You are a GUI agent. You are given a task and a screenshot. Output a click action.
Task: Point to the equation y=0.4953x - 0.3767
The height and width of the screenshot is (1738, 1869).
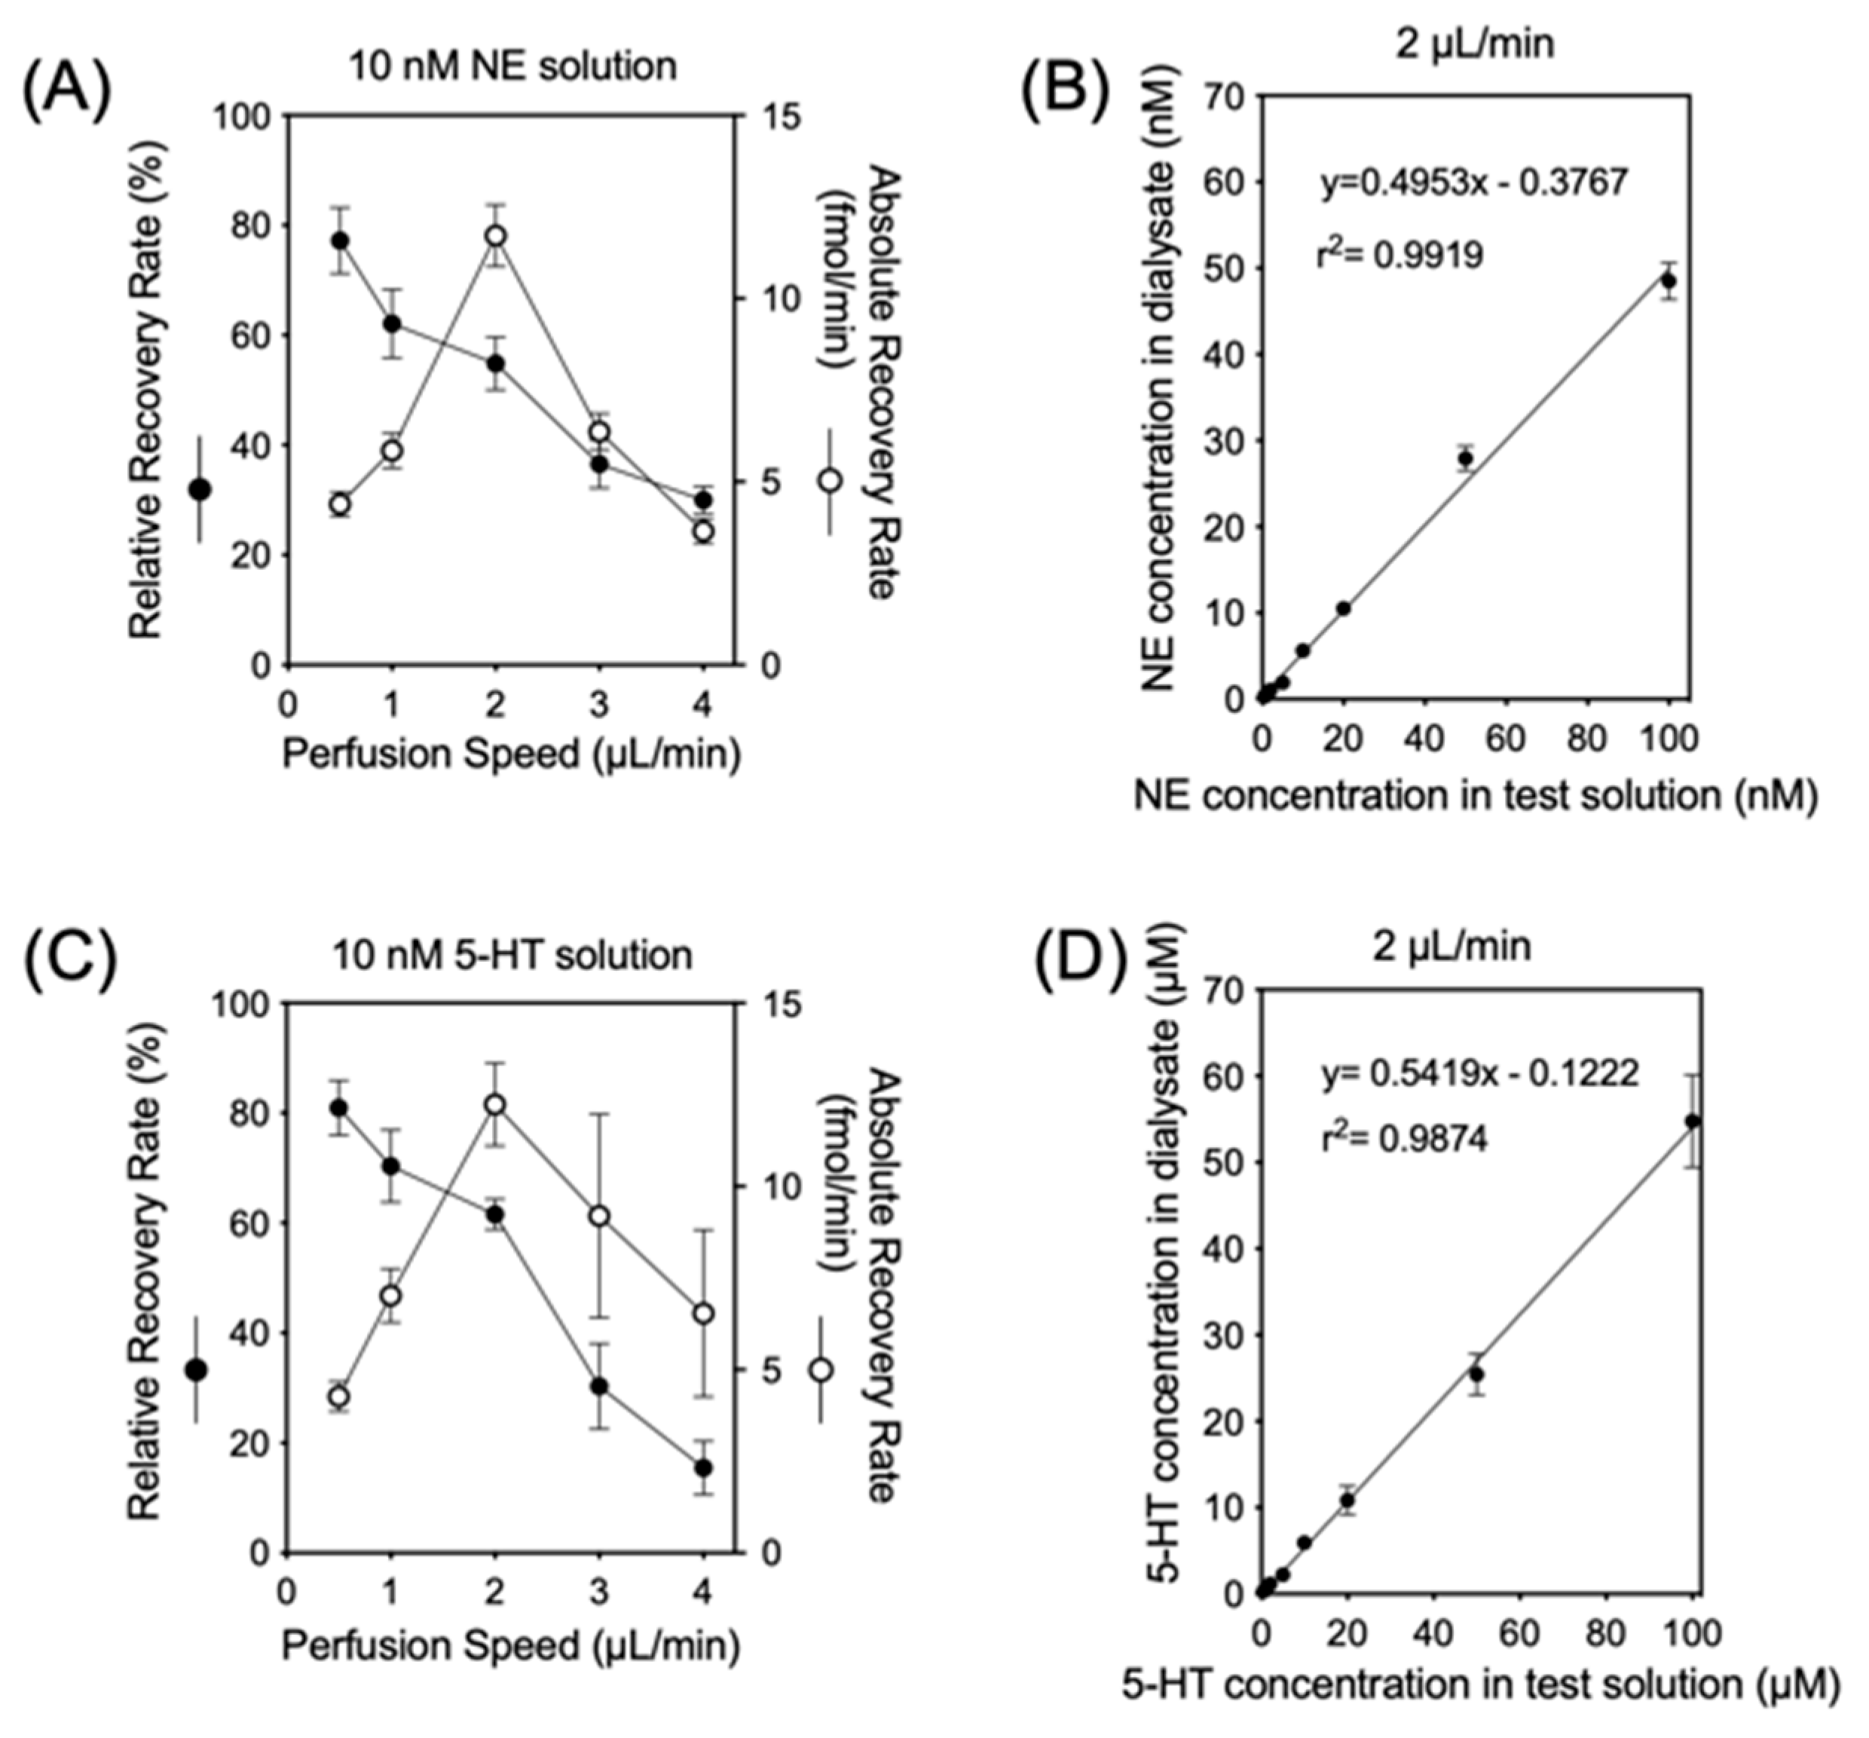pyautogui.click(x=1473, y=182)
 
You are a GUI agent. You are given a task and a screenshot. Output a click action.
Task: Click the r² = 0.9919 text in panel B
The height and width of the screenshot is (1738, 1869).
pyautogui.click(x=1400, y=254)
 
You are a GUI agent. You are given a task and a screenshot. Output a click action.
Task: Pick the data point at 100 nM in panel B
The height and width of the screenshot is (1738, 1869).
pyautogui.click(x=1669, y=280)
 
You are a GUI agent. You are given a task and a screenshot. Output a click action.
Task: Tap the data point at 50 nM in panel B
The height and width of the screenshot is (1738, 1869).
pyautogui.click(x=1465, y=459)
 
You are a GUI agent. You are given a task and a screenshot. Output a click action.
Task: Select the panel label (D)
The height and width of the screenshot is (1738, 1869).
pyautogui.click(x=1080, y=959)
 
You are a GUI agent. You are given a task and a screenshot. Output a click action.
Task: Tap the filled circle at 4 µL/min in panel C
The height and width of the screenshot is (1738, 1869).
pyautogui.click(x=703, y=1467)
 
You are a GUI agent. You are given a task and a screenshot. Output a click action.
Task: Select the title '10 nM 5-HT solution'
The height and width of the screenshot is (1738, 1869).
pyautogui.click(x=512, y=955)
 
